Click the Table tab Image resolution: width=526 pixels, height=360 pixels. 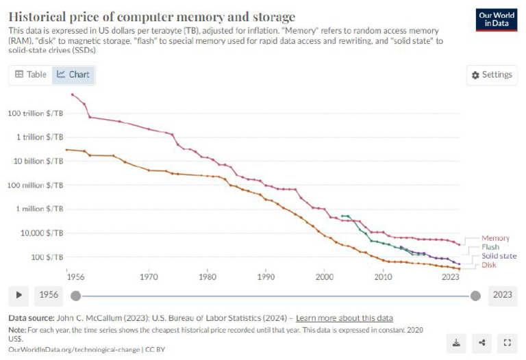click(31, 74)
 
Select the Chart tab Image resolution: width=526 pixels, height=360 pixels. click(73, 74)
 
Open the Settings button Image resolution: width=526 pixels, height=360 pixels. click(492, 75)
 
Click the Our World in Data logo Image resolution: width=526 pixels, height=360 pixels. click(496, 20)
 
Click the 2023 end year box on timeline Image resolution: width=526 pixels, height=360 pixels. click(502, 295)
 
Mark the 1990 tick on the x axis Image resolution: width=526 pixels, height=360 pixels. click(266, 277)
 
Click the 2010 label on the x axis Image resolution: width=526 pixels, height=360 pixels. click(383, 277)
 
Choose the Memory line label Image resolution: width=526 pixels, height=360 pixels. click(495, 238)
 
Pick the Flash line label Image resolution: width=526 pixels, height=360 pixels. click(490, 247)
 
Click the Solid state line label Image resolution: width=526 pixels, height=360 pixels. click(499, 256)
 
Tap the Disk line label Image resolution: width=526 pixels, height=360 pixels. click(488, 265)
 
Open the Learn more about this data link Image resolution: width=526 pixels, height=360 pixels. click(344, 318)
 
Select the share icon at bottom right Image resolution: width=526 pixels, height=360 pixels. click(482, 342)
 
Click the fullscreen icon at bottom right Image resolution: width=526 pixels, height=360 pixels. click(507, 342)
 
